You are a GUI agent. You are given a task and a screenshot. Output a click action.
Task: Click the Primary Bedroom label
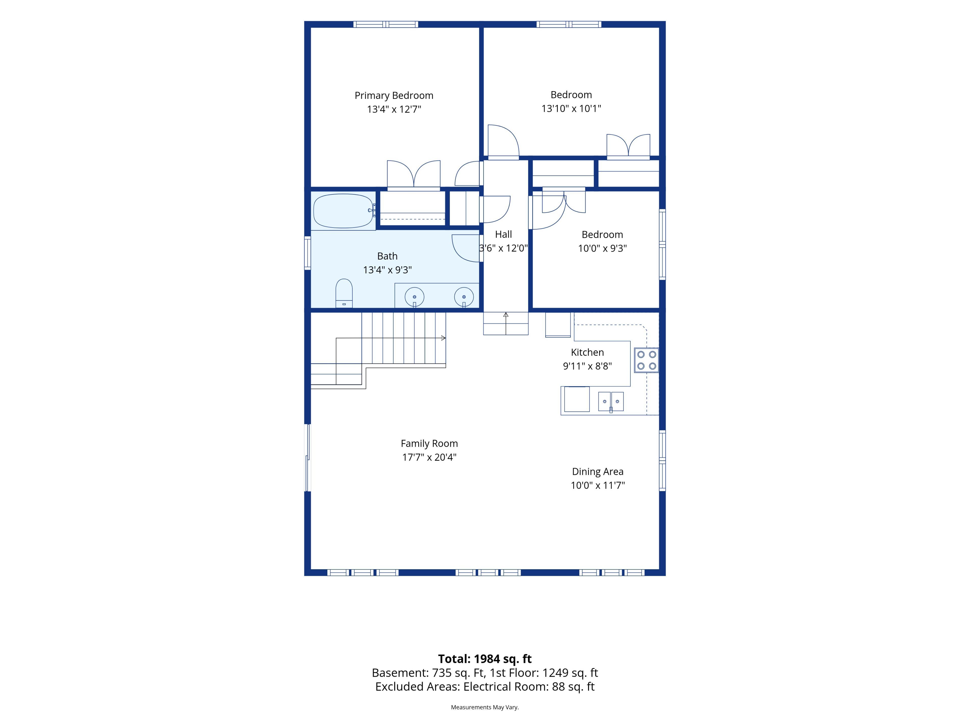point(394,95)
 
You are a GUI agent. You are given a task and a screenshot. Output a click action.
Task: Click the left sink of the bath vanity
point(415,297)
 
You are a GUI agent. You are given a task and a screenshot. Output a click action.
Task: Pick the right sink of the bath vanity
point(464,297)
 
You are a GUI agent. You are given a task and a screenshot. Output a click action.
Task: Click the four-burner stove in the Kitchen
point(646,360)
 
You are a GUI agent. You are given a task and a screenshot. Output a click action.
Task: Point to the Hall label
point(503,235)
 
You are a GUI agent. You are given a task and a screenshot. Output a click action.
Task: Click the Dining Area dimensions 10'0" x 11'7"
point(598,485)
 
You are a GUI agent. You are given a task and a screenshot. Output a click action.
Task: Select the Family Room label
point(429,444)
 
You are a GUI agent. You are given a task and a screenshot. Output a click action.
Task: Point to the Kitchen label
point(587,352)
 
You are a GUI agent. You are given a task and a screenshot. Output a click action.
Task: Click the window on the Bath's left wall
point(308,253)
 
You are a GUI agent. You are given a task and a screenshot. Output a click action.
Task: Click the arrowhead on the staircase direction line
point(444,338)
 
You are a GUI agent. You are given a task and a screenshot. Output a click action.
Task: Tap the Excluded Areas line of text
point(485,686)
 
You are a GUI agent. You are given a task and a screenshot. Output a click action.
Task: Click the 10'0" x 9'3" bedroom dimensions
point(602,248)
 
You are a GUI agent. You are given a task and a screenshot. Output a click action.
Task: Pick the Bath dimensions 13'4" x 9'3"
point(387,270)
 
